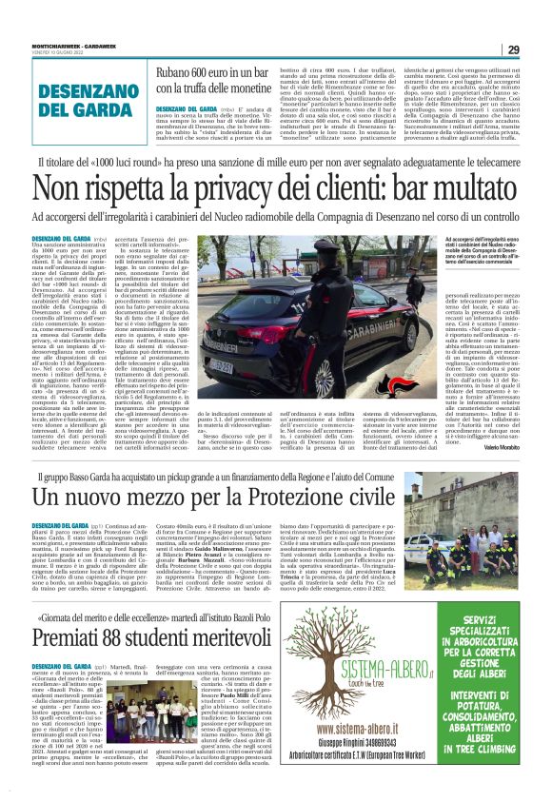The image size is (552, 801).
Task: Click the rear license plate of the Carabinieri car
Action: pos(221,364)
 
